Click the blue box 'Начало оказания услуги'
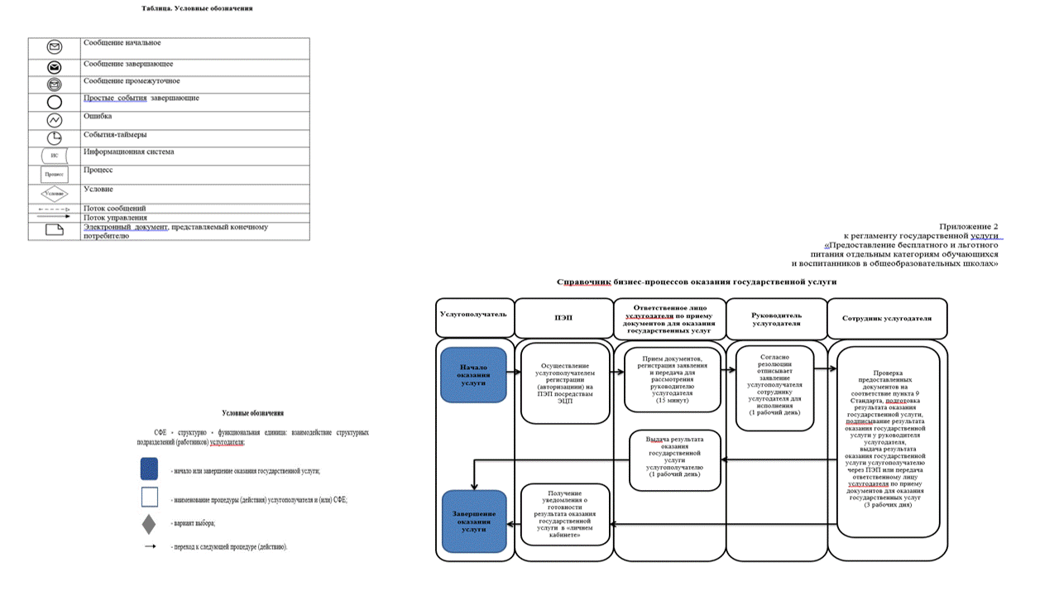click(x=473, y=375)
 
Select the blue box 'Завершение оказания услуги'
click(x=473, y=521)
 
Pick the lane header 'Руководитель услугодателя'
click(x=775, y=318)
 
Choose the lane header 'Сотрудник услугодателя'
click(x=886, y=318)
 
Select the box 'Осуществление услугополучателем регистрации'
click(x=566, y=382)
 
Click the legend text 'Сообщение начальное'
click(x=122, y=42)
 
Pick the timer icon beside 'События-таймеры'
click(x=55, y=137)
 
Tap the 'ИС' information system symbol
click(x=55, y=156)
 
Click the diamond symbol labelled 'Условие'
click(x=55, y=193)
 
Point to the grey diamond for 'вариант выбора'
click(x=149, y=524)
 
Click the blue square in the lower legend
click(x=149, y=469)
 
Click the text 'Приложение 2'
click(x=969, y=226)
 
